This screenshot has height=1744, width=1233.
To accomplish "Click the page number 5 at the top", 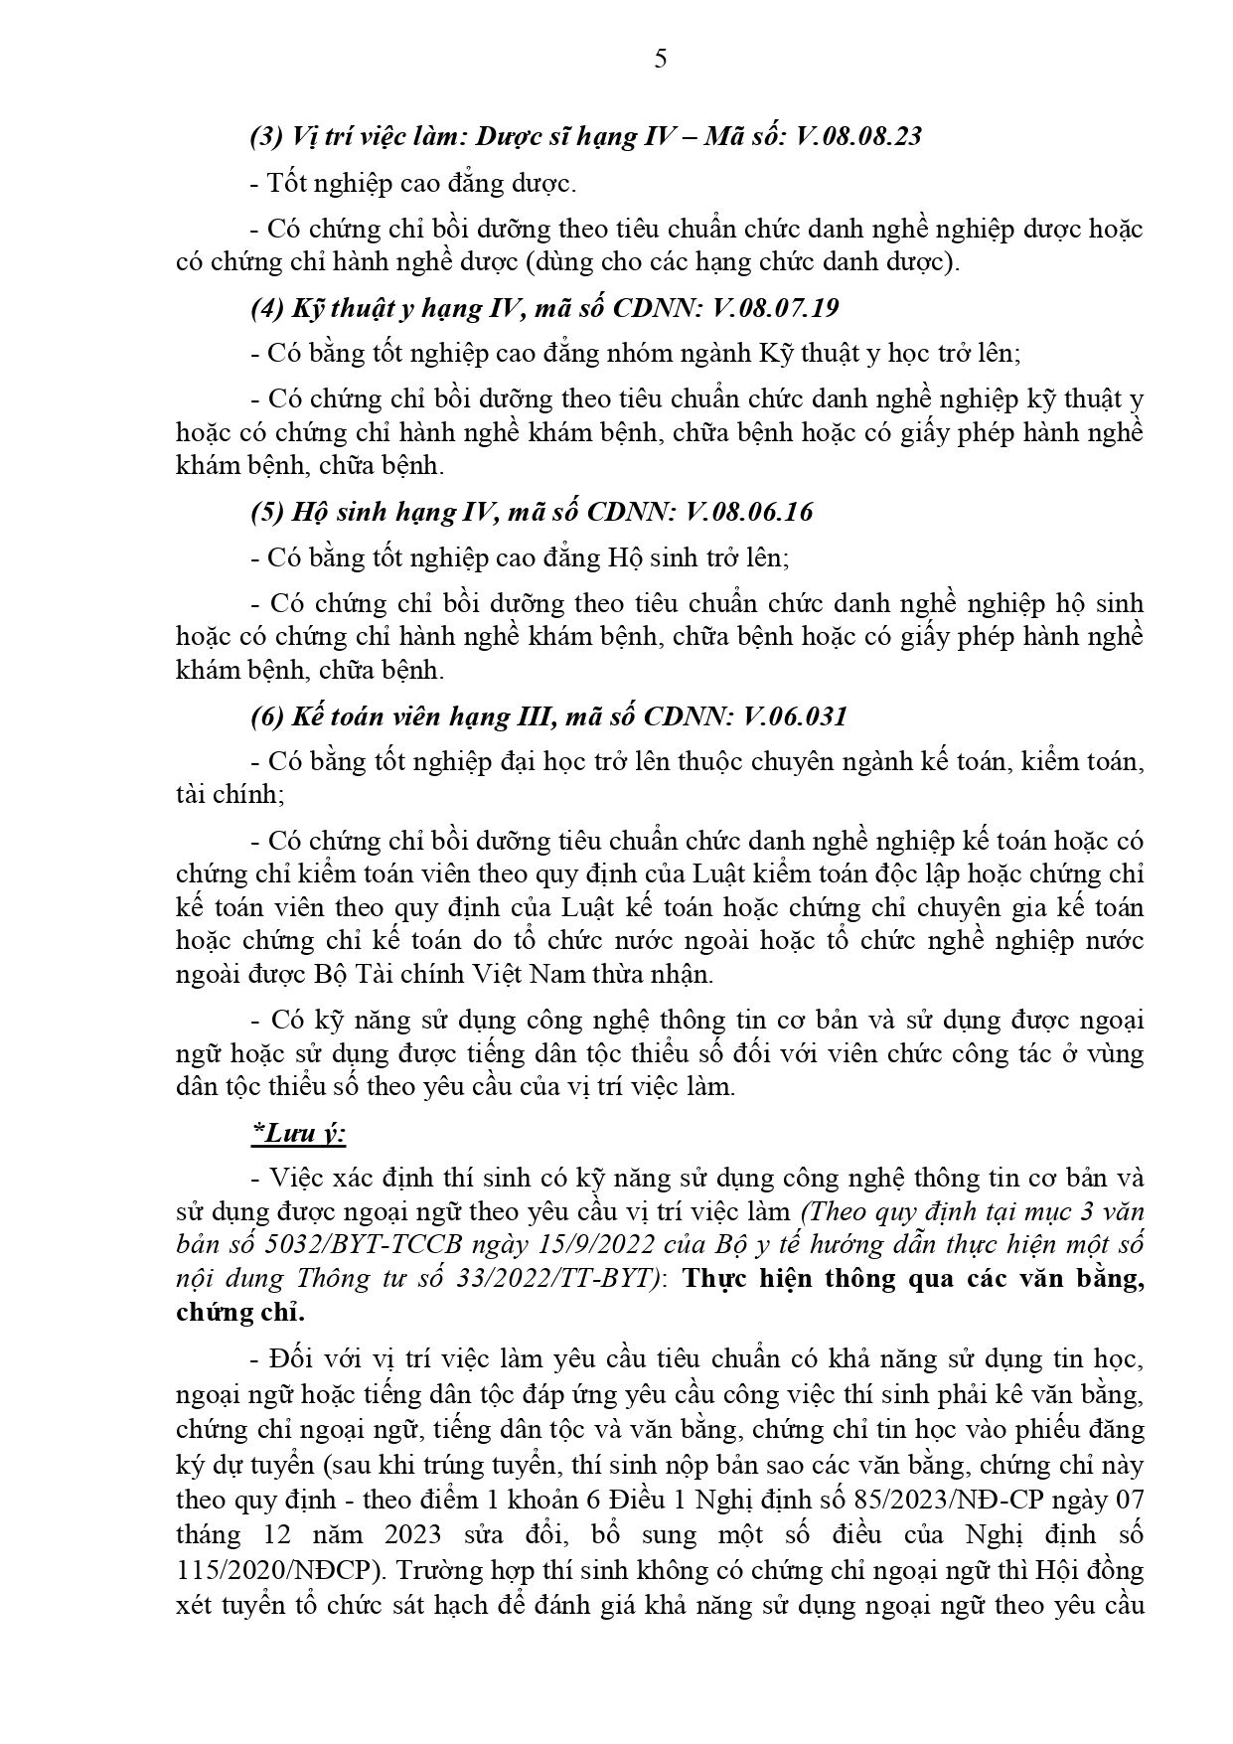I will [x=661, y=60].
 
